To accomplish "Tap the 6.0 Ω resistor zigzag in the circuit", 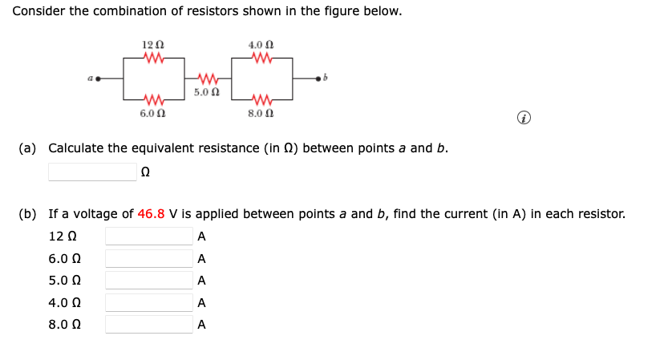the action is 153,100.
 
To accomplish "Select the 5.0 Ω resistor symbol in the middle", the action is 207,79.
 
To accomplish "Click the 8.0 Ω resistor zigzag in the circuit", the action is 262,100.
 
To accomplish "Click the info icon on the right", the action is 523,119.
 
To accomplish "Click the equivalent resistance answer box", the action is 92,172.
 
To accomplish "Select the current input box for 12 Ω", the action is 149,237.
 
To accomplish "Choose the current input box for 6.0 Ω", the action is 149,259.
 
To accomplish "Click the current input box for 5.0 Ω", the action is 149,281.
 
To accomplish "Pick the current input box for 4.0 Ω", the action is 149,303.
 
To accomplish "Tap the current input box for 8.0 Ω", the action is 149,325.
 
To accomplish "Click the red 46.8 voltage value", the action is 151,214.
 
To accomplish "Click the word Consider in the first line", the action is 39,12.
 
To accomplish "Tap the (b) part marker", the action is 28,214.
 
